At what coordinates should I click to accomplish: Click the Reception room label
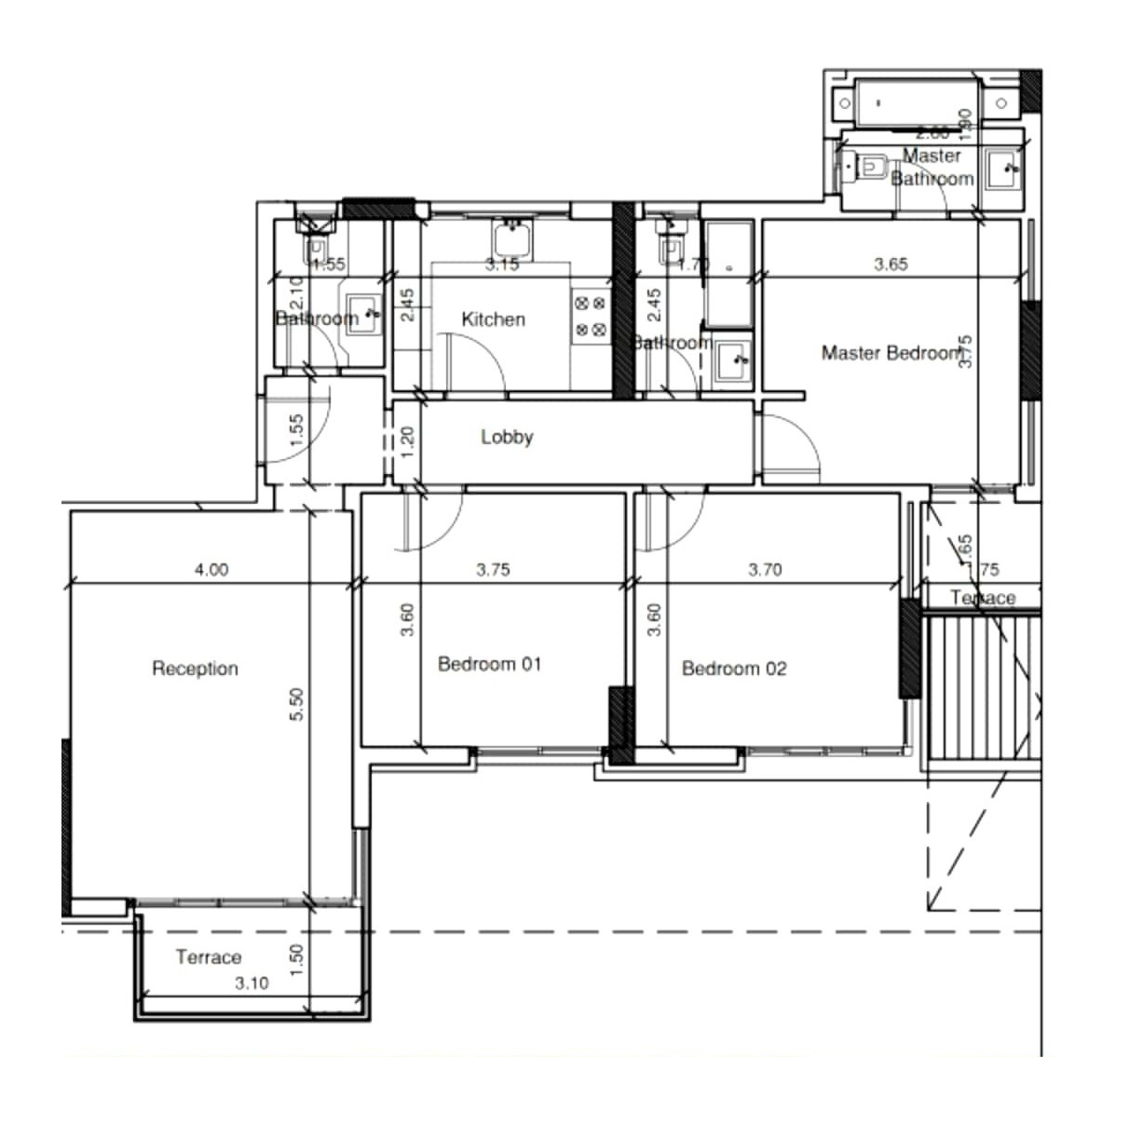click(195, 669)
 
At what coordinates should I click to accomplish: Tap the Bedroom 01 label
click(489, 665)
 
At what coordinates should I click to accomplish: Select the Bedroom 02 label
click(734, 669)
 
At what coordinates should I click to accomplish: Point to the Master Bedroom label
click(890, 354)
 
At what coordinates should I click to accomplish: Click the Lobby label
click(507, 437)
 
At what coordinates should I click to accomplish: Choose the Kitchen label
click(493, 319)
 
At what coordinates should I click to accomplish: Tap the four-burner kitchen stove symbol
click(590, 316)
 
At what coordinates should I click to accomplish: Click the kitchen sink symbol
click(511, 238)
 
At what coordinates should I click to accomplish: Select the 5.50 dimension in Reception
click(296, 704)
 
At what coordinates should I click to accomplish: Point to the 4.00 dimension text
click(211, 570)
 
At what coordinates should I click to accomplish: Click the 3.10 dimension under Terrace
click(252, 982)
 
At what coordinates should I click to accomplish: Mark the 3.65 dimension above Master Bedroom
click(890, 264)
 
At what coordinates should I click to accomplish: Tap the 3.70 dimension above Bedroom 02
click(765, 570)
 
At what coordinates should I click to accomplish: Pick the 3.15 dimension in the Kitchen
click(502, 264)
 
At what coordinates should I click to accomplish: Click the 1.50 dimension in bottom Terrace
click(296, 959)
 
